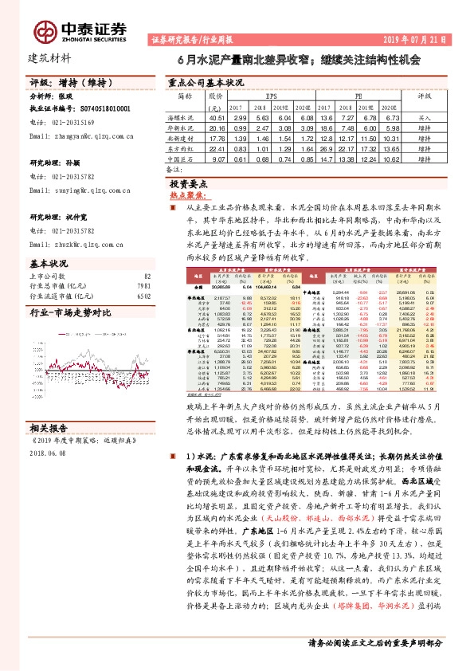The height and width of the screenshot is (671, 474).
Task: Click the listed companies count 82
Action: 146,275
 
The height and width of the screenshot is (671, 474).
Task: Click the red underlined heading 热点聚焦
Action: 188,194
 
